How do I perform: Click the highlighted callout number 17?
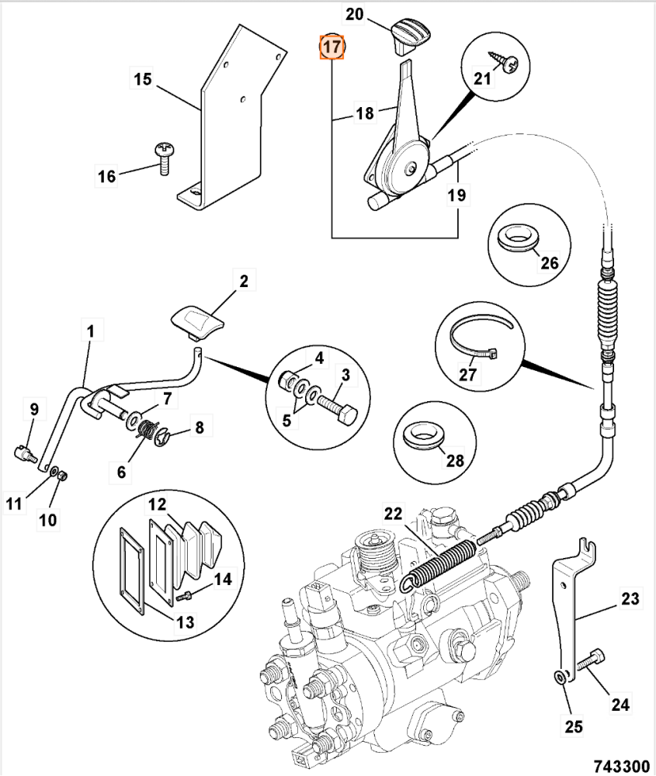click(x=331, y=47)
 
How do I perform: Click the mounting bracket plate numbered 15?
click(x=229, y=116)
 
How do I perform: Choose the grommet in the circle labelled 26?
click(x=515, y=236)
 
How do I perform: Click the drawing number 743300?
click(x=621, y=766)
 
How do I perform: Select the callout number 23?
click(x=630, y=599)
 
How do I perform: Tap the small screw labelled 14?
click(x=186, y=597)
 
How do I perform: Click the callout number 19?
click(x=457, y=196)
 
